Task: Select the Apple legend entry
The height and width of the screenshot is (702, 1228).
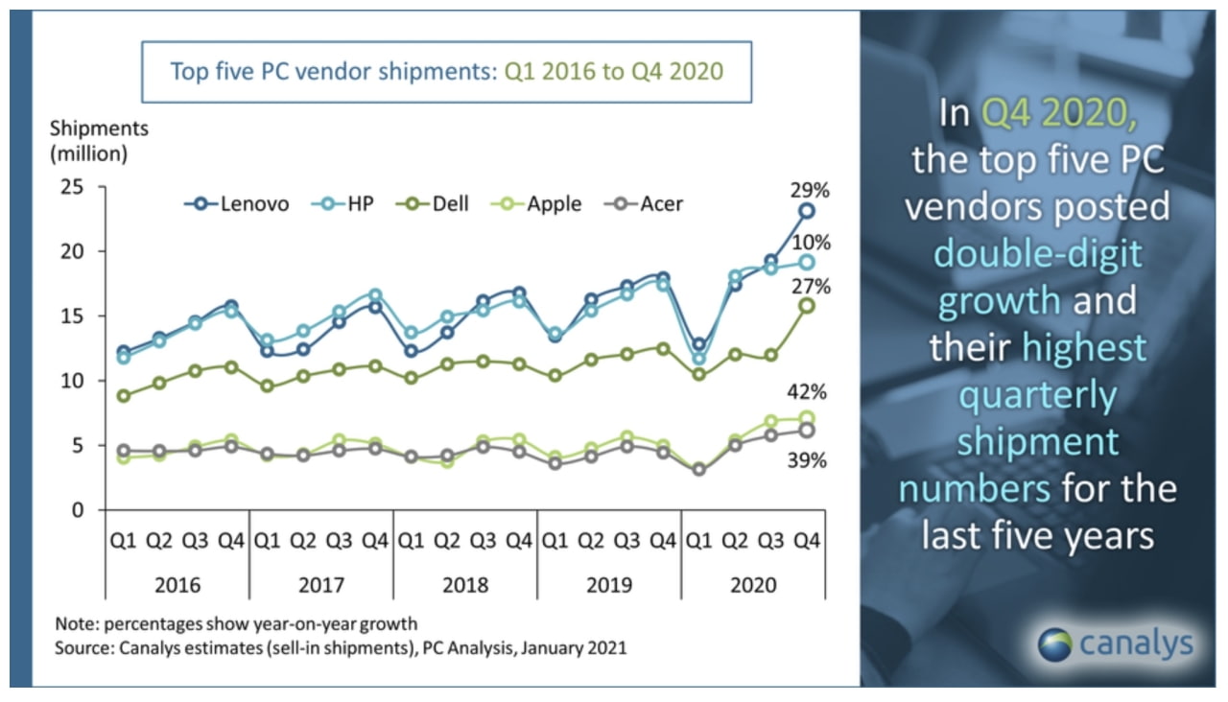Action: [x=538, y=204]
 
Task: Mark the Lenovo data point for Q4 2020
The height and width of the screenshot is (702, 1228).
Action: [x=808, y=211]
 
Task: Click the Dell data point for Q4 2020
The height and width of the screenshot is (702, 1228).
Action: [x=808, y=306]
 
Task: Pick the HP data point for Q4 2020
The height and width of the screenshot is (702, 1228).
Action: [x=808, y=262]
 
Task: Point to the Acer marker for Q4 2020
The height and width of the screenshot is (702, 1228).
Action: [x=808, y=431]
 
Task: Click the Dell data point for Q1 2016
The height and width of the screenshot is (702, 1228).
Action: [x=123, y=395]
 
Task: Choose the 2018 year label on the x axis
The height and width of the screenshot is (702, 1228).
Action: [x=464, y=584]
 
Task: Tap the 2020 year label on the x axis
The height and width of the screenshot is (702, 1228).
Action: [x=752, y=584]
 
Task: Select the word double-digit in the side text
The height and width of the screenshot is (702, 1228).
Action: [x=1037, y=254]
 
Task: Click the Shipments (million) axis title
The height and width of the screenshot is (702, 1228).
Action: [x=99, y=139]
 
